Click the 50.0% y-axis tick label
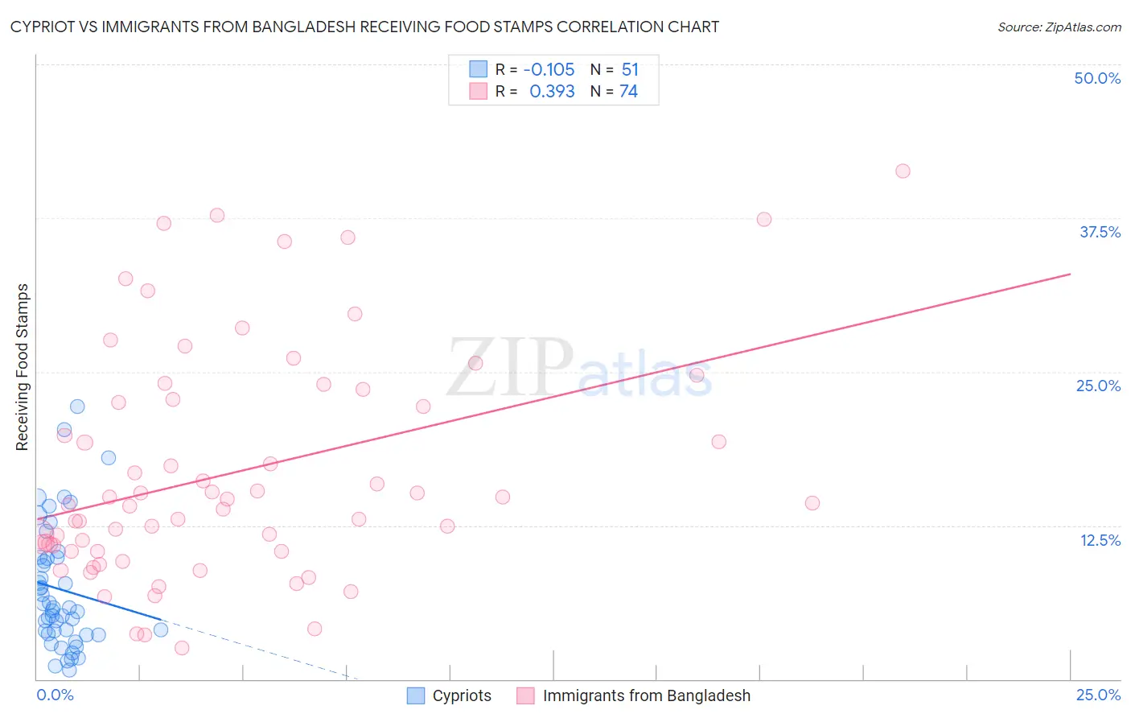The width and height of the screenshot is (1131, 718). [1097, 78]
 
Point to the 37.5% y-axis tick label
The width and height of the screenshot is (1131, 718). [1100, 232]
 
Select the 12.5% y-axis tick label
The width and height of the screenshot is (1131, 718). [1100, 540]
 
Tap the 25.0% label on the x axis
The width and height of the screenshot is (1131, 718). [1098, 695]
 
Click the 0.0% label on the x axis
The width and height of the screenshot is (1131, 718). [56, 695]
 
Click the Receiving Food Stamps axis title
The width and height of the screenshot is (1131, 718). [23, 367]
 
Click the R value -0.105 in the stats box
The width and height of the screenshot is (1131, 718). [549, 70]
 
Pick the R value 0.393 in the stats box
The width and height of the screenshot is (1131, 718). [552, 92]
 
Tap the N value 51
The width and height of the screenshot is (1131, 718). [630, 70]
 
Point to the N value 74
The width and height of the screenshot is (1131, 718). [628, 92]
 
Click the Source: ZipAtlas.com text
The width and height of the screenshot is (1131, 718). [1059, 27]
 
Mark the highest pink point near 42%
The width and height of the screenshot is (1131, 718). [903, 171]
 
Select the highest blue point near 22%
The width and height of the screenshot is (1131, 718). [77, 406]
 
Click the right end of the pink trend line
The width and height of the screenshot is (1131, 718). [1071, 274]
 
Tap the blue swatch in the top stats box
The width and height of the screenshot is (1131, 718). [479, 69]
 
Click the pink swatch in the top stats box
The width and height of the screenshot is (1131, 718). [479, 91]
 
